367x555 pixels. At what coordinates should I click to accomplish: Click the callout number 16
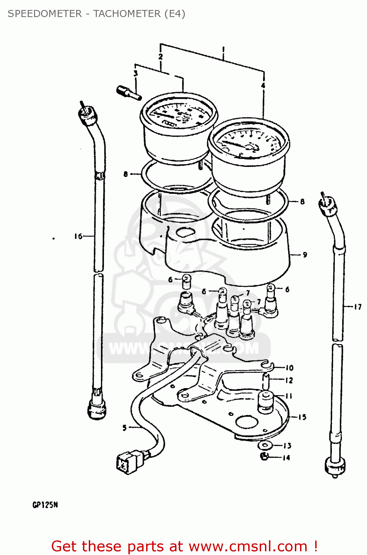click(x=78, y=236)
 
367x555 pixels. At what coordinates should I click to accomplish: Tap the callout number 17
click(x=357, y=307)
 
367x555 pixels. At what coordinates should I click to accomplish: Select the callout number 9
click(x=305, y=255)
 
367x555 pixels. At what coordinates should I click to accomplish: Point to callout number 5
click(x=125, y=428)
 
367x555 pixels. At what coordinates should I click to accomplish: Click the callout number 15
click(x=302, y=417)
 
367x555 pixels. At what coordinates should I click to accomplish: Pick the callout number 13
click(x=287, y=445)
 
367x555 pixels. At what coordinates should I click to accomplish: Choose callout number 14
click(x=286, y=458)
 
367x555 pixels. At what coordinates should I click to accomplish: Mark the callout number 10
click(x=289, y=367)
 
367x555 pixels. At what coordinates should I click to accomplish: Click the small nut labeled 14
click(x=264, y=457)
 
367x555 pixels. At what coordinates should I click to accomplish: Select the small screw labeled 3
click(x=128, y=92)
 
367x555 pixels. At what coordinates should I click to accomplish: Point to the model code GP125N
click(x=45, y=505)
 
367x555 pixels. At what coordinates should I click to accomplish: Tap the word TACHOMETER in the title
click(x=127, y=14)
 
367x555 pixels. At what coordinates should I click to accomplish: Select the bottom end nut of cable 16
click(x=97, y=409)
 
